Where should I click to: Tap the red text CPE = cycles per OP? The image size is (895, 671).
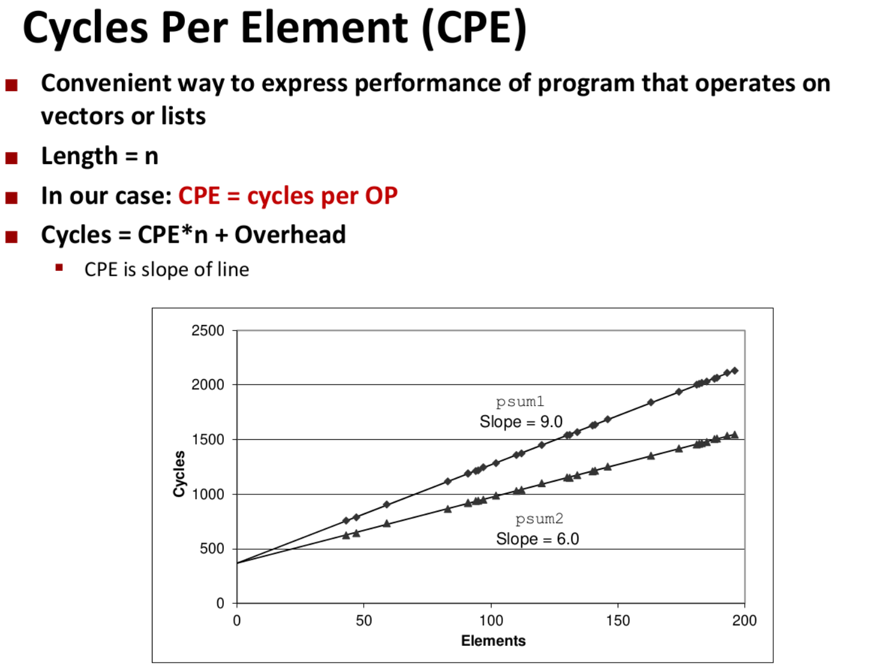(288, 196)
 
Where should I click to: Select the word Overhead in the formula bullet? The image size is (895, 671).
(290, 235)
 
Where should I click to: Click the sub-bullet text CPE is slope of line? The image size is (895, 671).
(166, 270)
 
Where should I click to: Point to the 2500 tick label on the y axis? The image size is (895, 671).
(208, 330)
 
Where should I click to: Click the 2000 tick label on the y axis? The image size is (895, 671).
(208, 384)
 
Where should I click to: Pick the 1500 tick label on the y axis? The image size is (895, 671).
(208, 439)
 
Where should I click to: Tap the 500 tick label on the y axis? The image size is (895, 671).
(212, 548)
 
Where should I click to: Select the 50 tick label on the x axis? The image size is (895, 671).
(364, 621)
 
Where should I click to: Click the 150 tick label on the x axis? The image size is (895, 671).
(618, 621)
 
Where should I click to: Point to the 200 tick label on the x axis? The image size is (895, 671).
(744, 621)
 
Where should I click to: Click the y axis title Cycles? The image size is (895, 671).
(179, 474)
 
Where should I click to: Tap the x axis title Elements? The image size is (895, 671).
(493, 641)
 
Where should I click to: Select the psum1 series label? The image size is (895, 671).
(520, 402)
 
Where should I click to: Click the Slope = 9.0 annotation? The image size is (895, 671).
(520, 422)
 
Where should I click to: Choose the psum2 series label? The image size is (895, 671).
(539, 519)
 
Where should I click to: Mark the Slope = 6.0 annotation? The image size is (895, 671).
(537, 539)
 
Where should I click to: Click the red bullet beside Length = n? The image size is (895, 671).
(11, 158)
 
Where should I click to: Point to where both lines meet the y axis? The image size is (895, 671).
(237, 563)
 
